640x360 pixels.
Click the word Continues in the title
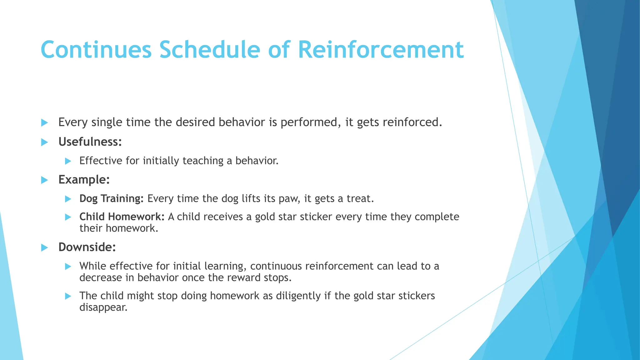click(x=96, y=50)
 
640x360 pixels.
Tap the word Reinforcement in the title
click(x=381, y=50)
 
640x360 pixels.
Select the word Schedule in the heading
click(x=210, y=50)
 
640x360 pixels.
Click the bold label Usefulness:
click(x=90, y=142)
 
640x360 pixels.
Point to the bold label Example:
click(x=84, y=180)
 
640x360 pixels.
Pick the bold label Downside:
click(x=87, y=247)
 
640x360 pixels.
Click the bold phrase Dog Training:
click(x=111, y=198)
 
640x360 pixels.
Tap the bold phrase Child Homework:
click(x=122, y=217)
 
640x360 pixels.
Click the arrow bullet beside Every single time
click(x=45, y=122)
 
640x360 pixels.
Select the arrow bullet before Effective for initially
click(x=68, y=161)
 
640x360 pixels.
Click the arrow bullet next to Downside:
click(x=45, y=248)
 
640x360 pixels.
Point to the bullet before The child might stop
click(x=68, y=296)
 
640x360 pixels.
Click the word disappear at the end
click(x=103, y=307)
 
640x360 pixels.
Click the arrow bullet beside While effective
click(x=68, y=267)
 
